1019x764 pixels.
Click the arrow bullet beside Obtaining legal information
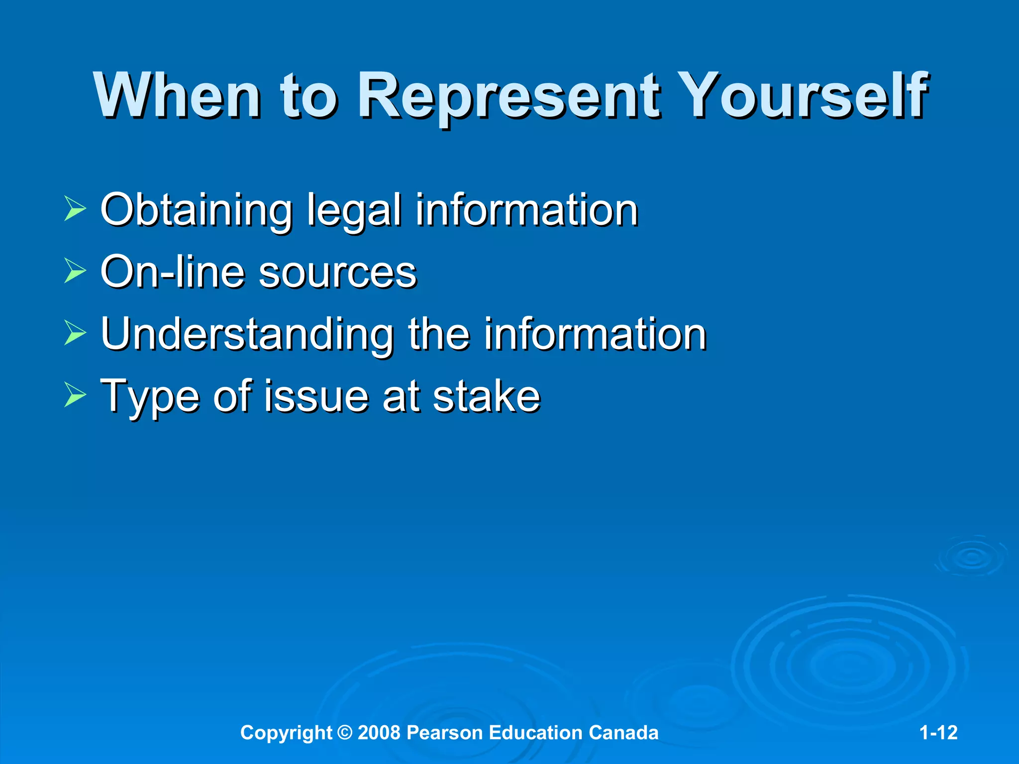(x=75, y=209)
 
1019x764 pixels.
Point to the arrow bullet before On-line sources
(x=75, y=272)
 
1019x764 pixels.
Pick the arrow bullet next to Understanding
(x=75, y=334)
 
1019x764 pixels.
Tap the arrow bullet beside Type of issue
(x=75, y=396)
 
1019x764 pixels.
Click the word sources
(x=337, y=273)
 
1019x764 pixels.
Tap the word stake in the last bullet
(x=486, y=396)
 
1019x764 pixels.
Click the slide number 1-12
(x=938, y=733)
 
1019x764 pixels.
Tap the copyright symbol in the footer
(x=344, y=733)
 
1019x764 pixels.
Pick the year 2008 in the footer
(x=379, y=733)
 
